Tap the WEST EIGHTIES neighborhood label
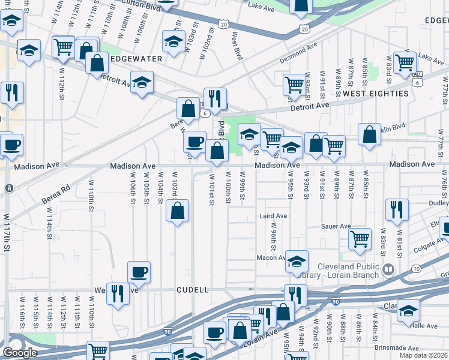(375, 94)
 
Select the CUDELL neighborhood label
(193, 290)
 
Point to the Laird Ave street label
(273, 215)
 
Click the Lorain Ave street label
(260, 337)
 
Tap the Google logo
(19, 352)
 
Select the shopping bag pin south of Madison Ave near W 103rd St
(177, 211)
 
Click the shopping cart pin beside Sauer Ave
(360, 238)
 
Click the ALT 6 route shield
(418, 74)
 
